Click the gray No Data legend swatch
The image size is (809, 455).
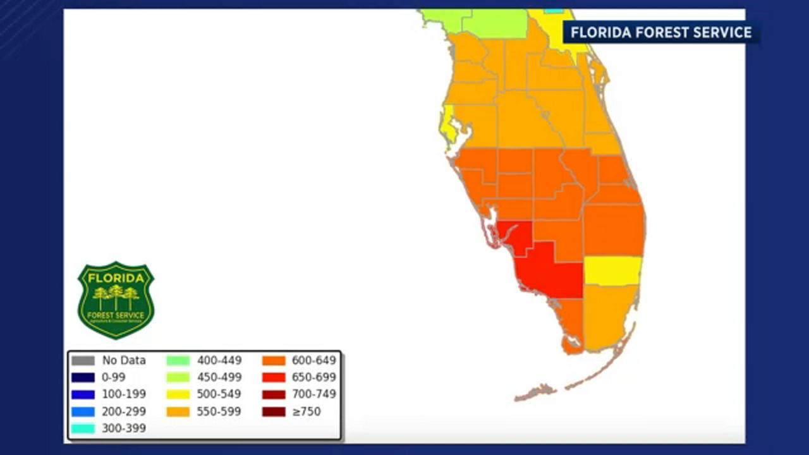click(x=83, y=361)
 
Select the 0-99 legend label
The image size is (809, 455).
click(x=114, y=377)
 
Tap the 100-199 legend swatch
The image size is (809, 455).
click(x=83, y=394)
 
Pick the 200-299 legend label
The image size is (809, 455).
click(x=124, y=411)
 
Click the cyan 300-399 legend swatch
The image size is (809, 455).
click(x=83, y=428)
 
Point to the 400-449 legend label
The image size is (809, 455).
click(x=219, y=361)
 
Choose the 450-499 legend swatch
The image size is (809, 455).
click(x=178, y=377)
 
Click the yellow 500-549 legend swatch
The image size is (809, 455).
click(x=178, y=394)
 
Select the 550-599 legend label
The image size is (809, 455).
click(x=219, y=411)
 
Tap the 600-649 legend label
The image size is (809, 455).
click(x=313, y=361)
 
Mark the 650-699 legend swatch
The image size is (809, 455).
click(x=273, y=377)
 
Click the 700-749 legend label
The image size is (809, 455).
click(x=313, y=394)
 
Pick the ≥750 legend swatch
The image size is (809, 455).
click(x=273, y=411)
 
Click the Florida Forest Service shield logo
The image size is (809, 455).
click(x=116, y=300)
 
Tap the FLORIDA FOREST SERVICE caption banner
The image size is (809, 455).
click(x=661, y=32)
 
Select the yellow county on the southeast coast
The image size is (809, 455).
click(x=612, y=270)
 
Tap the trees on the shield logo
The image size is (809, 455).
click(x=116, y=296)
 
